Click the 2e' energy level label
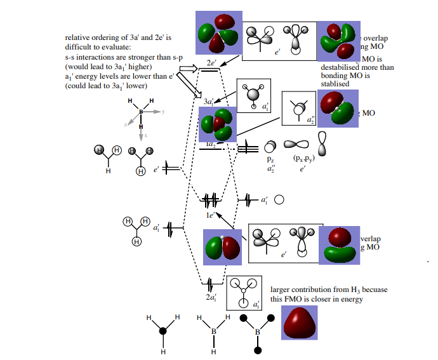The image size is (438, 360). tap(211, 63)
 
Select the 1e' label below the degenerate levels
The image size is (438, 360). tap(209, 215)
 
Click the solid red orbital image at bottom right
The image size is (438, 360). tap(299, 324)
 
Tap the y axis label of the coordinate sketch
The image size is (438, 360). tap(163, 112)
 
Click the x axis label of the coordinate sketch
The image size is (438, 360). tap(145, 136)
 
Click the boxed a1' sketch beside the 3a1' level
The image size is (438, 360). tap(253, 97)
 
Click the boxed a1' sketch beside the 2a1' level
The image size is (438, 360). tap(244, 293)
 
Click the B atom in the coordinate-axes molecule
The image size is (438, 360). tap(141, 112)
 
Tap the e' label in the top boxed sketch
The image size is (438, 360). tap(277, 53)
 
